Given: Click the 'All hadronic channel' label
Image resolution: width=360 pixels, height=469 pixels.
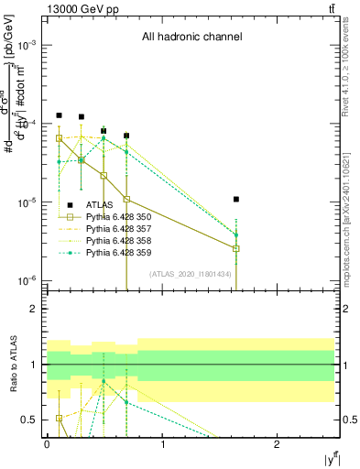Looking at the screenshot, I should point(191,38).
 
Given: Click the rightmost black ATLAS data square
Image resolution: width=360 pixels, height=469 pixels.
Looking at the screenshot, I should point(236,199).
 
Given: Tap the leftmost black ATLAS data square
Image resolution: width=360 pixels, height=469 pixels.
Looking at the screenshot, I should point(59,115).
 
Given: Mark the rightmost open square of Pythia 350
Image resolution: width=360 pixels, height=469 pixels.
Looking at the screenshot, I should point(236,248).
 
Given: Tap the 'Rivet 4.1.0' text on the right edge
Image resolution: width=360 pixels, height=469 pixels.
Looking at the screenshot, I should point(353,92).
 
